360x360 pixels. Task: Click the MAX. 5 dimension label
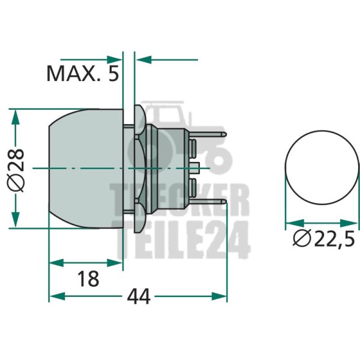(x=83, y=73)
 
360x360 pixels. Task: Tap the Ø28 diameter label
(x=16, y=170)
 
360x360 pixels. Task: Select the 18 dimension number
(x=88, y=279)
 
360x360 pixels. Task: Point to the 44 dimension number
(x=139, y=296)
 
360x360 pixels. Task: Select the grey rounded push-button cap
(x=86, y=169)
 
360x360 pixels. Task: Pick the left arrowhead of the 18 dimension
(x=56, y=263)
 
